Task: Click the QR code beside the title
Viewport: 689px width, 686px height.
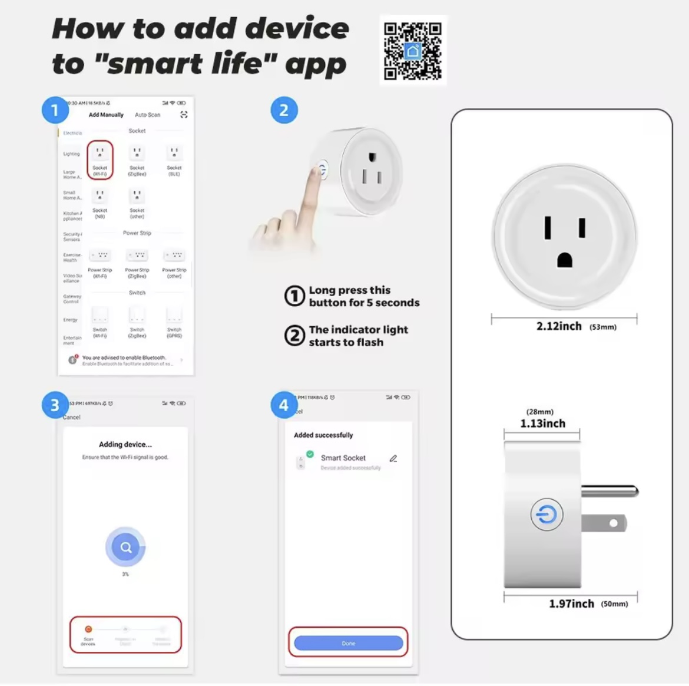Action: tap(413, 51)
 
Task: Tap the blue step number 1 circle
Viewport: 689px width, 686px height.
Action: tap(55, 110)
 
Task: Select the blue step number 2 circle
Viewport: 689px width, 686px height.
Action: tap(284, 110)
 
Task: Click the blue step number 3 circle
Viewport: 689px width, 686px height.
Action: tap(55, 405)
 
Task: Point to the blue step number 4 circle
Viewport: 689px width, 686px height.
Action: tap(284, 405)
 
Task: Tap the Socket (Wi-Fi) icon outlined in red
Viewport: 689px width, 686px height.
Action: tap(100, 159)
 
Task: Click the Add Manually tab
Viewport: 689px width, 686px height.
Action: tap(106, 115)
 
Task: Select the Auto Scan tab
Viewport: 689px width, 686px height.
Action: tap(147, 115)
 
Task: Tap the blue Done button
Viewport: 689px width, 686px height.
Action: tap(348, 643)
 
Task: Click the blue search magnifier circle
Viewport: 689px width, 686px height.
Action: tap(125, 547)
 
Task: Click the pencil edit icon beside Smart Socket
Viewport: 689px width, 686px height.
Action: tap(393, 458)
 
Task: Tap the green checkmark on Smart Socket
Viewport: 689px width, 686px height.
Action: tap(310, 454)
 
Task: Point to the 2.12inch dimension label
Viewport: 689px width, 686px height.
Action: tap(559, 326)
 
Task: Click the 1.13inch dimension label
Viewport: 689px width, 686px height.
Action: tap(542, 423)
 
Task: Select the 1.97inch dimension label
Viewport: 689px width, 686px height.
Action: tap(571, 604)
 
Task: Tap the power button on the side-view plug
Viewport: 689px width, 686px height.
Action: tap(547, 515)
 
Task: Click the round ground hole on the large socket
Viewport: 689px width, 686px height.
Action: tap(565, 260)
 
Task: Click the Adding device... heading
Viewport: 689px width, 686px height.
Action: tap(125, 445)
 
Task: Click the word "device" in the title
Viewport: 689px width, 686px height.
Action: tap(297, 28)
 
